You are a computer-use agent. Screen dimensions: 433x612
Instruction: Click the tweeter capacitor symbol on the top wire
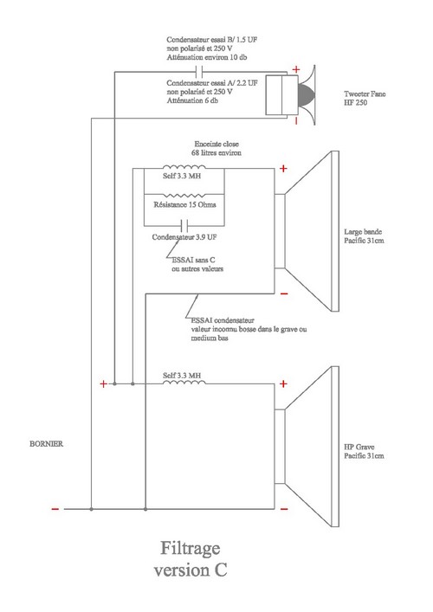coord(199,72)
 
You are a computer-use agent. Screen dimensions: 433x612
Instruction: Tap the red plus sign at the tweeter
coord(296,69)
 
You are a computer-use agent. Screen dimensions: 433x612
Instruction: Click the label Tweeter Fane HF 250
coord(365,98)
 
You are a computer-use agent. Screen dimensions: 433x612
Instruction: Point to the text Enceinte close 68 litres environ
coord(216,148)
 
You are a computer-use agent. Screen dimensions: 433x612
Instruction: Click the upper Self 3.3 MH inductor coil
coord(184,167)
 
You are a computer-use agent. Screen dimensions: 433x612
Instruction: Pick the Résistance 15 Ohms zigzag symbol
coord(184,195)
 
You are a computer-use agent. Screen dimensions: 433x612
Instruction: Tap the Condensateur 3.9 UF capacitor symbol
coord(184,226)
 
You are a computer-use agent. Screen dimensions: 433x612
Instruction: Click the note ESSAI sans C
coord(193,260)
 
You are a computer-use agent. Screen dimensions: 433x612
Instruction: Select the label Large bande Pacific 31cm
coord(364,236)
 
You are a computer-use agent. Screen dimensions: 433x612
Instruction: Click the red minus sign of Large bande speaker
coord(284,293)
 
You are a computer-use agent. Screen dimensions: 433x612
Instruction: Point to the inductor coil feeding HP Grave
coord(184,383)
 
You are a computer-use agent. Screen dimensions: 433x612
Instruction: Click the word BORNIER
coord(47,444)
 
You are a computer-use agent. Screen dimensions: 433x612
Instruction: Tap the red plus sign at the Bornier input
coord(103,384)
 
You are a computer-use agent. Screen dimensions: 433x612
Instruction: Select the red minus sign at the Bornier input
coord(55,509)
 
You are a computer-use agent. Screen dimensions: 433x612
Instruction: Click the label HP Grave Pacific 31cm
coord(364,451)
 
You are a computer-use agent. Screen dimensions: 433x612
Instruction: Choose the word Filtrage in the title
coord(191,549)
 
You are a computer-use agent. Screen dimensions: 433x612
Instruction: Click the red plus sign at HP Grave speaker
coord(283,383)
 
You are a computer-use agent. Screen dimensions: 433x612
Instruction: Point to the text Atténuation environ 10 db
coord(207,57)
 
